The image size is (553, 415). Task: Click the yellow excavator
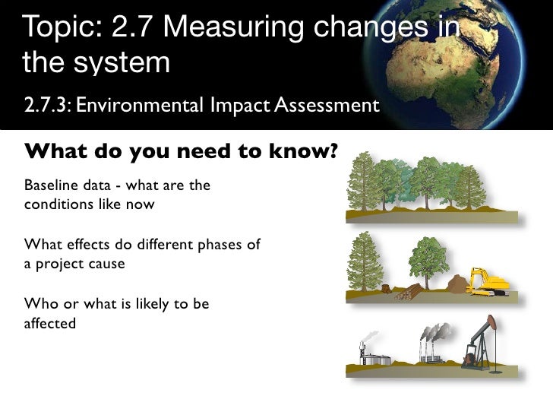pyautogui.click(x=487, y=282)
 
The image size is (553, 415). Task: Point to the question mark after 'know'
pyautogui.click(x=332, y=153)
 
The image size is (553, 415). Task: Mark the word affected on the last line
pyautogui.click(x=50, y=323)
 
